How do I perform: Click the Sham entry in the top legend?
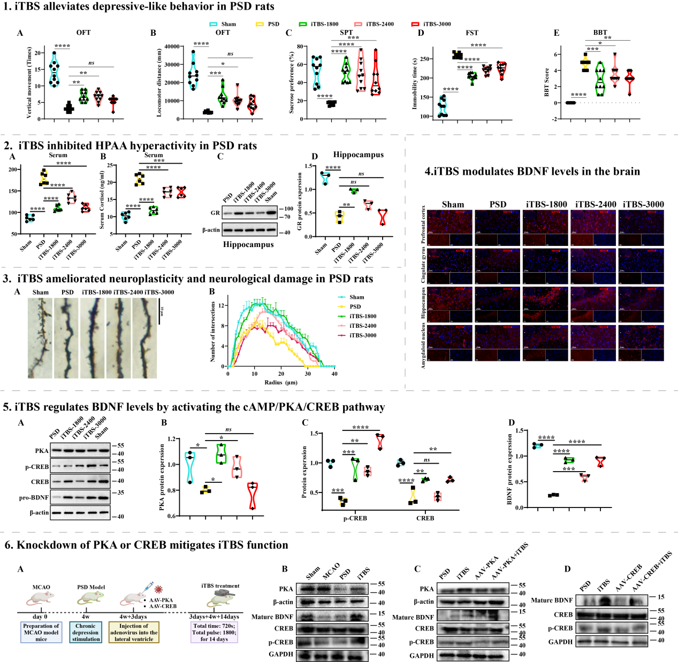pyautogui.click(x=228, y=24)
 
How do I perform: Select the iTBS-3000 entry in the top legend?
pyautogui.click(x=437, y=24)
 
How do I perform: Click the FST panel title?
pyautogui.click(x=471, y=33)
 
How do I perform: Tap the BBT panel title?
pyautogui.click(x=600, y=33)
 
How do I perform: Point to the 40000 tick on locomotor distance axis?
pyautogui.click(x=172, y=47)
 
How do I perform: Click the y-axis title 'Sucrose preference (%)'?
pyautogui.click(x=292, y=82)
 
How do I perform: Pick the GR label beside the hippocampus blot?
pyautogui.click(x=215, y=213)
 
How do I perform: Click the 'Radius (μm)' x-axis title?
pyautogui.click(x=280, y=382)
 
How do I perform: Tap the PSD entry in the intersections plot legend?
pyautogui.click(x=355, y=307)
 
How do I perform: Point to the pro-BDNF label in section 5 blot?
pyautogui.click(x=34, y=498)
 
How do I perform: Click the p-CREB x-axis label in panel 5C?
pyautogui.click(x=355, y=518)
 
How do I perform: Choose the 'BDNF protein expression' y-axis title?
pyautogui.click(x=509, y=469)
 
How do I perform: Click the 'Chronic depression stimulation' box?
pyautogui.click(x=86, y=632)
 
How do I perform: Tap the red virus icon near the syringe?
pyautogui.click(x=158, y=589)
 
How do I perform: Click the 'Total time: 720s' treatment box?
pyautogui.click(x=214, y=632)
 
